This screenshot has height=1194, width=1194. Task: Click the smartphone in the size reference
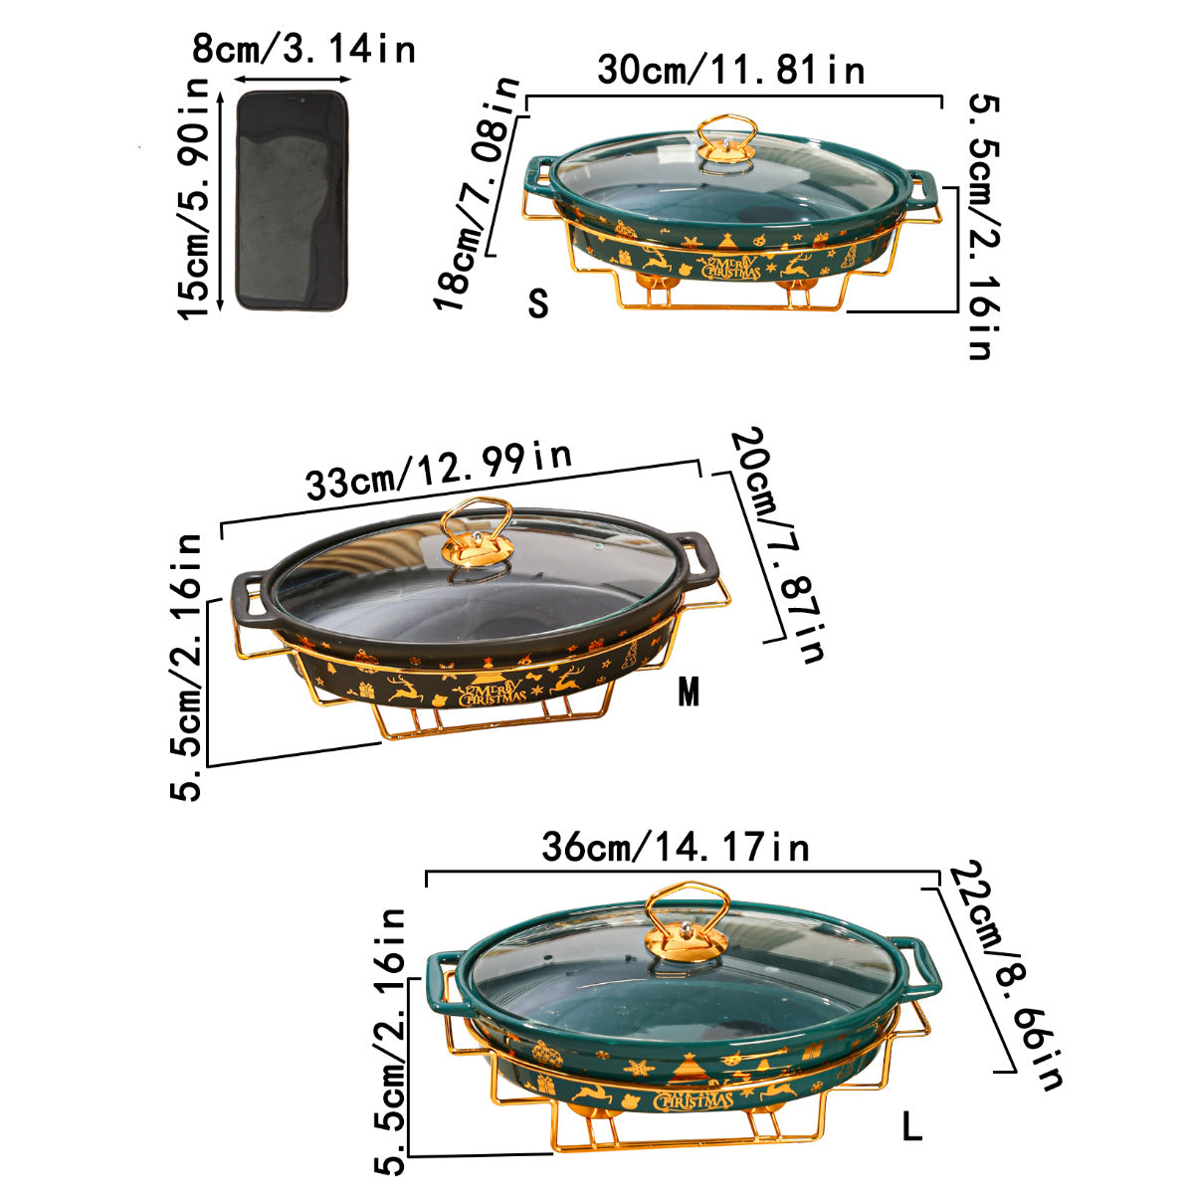pyautogui.click(x=293, y=200)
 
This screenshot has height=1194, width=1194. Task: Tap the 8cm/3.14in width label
pyautogui.click(x=303, y=49)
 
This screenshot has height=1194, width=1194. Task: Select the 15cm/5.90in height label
pyautogui.click(x=194, y=198)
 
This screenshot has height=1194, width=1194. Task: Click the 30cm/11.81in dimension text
pyautogui.click(x=731, y=70)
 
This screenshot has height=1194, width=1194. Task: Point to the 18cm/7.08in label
pyautogui.click(x=476, y=193)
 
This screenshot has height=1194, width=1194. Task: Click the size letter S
pyautogui.click(x=538, y=303)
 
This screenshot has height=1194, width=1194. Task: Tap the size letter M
pyautogui.click(x=689, y=692)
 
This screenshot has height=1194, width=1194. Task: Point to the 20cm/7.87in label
pyautogui.click(x=778, y=544)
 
